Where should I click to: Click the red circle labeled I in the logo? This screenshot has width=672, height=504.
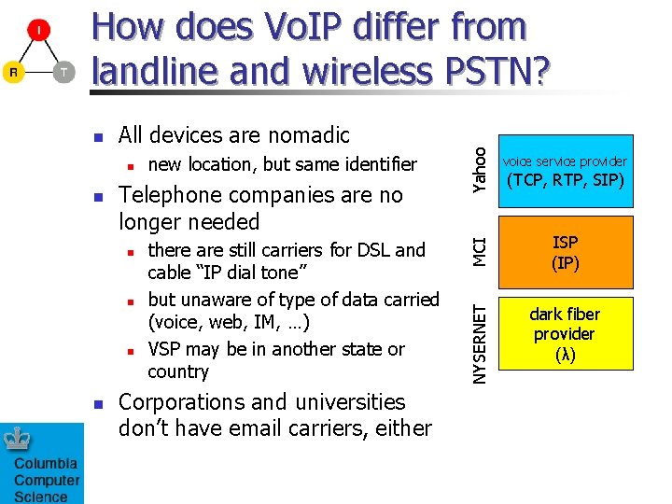coord(38,32)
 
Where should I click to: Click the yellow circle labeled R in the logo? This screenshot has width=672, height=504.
coord(13,72)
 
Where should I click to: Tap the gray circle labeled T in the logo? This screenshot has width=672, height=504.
coord(63,72)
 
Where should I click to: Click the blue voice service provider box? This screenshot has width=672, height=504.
coord(565,170)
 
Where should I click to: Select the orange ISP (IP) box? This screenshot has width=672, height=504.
coord(565,252)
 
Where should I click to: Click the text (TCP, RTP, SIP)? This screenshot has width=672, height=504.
coord(565,180)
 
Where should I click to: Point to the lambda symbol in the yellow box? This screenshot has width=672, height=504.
coord(565,355)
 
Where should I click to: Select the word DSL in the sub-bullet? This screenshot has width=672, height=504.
coord(377,250)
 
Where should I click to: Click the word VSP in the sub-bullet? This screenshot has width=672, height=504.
coord(165,349)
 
